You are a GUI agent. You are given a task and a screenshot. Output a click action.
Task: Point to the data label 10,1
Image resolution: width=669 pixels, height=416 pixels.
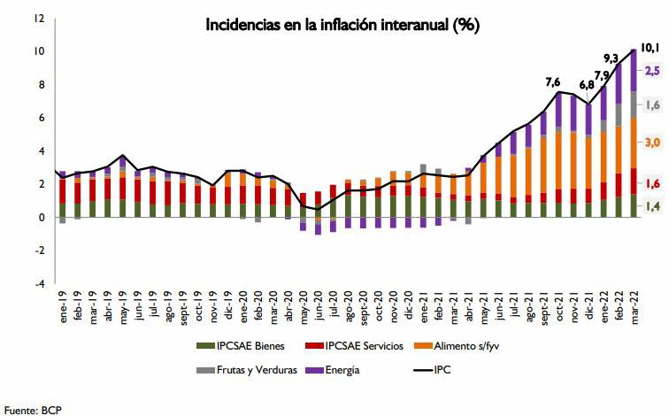(x=650, y=48)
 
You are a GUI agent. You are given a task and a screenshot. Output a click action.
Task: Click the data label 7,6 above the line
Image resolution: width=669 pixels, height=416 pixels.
(x=553, y=82)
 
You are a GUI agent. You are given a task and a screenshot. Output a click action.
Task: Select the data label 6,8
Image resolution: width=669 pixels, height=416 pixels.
(x=587, y=85)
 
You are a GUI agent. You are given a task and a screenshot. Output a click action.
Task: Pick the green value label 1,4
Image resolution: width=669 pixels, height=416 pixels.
(x=651, y=206)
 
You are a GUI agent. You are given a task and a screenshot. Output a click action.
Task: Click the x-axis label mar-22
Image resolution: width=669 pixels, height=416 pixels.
(x=633, y=309)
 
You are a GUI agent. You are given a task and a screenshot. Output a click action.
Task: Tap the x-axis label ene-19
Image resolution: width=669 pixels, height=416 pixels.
(x=64, y=309)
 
